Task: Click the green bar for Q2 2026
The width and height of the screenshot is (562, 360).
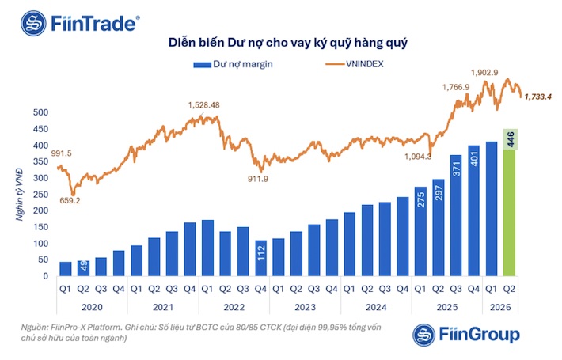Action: (x=509, y=213)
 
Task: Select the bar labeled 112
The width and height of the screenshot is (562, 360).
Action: (x=261, y=258)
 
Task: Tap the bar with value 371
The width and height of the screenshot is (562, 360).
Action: (x=456, y=215)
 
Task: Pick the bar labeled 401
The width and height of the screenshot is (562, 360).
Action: (x=474, y=210)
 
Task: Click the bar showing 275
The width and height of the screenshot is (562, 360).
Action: (x=421, y=231)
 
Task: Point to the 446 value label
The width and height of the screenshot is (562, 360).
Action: (x=511, y=139)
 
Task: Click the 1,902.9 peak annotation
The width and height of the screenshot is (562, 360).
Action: (x=484, y=73)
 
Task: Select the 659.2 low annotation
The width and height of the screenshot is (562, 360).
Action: (x=70, y=201)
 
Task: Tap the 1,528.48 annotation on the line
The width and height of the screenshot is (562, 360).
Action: (x=204, y=105)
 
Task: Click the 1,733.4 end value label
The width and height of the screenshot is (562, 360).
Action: (x=538, y=97)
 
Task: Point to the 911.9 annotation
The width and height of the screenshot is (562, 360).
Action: (x=258, y=179)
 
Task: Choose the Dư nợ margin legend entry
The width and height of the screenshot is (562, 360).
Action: (x=234, y=64)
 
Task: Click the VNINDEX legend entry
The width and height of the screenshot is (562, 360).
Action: (x=355, y=64)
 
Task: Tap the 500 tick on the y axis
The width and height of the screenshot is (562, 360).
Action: (x=40, y=112)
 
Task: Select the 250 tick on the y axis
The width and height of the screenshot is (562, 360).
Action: (x=40, y=195)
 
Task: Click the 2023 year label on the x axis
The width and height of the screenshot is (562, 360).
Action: (x=305, y=307)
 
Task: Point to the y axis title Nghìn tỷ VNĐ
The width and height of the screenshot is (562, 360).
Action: (x=19, y=195)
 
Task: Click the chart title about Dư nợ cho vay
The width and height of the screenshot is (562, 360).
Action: (x=288, y=43)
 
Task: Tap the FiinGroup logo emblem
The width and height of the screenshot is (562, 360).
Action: (x=424, y=335)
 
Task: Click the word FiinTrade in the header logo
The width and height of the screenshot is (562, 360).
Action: (x=93, y=24)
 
